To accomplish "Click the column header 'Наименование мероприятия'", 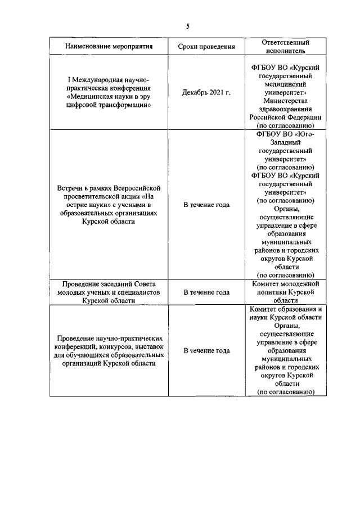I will click(109, 46).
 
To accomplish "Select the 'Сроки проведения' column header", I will click(206, 46).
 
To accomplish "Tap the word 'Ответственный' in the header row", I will click(286, 42).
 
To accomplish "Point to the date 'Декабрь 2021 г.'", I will click(206, 92).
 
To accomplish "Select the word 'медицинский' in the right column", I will click(286, 83).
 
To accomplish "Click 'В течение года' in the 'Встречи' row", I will click(206, 205).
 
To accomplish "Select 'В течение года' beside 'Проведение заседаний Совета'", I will click(206, 292).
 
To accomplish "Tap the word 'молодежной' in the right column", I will click(299, 284).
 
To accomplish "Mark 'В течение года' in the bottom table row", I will click(206, 350).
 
